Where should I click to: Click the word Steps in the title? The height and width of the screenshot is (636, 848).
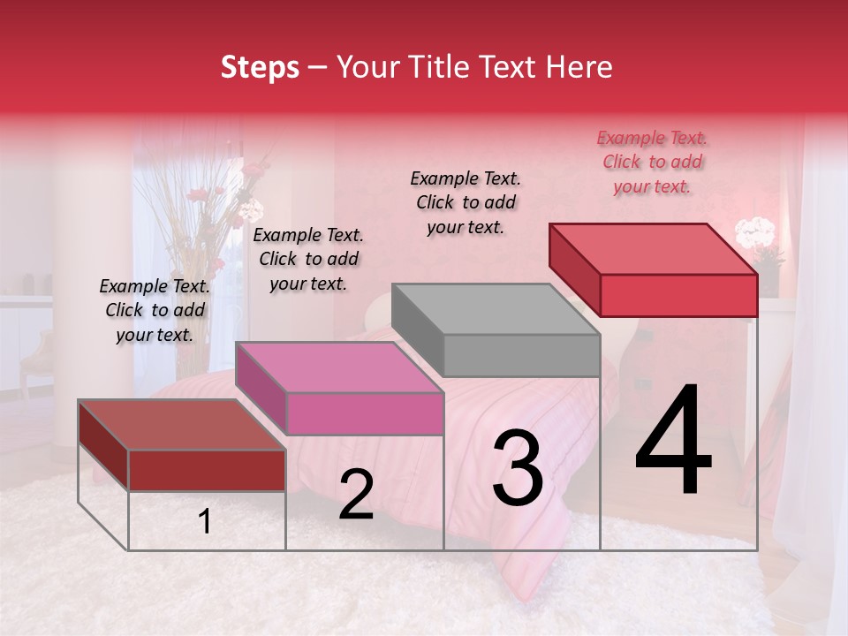tap(260, 67)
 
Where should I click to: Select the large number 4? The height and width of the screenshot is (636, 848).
tap(673, 442)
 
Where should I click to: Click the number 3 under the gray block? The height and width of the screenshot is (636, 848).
tap(518, 468)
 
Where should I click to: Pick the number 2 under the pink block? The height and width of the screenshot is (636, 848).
tap(356, 495)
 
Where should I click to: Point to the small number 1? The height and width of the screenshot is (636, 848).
tap(205, 522)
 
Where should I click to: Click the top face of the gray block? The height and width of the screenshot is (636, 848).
tap(496, 309)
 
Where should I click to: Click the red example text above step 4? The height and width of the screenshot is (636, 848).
tap(652, 162)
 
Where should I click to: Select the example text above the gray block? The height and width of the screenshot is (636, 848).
tap(466, 202)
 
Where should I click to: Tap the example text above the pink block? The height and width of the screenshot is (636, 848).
tap(308, 259)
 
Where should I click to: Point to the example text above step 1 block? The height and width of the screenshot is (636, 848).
tap(155, 310)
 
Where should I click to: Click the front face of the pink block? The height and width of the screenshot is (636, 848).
tap(365, 413)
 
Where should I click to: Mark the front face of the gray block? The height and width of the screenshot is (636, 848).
tap(521, 356)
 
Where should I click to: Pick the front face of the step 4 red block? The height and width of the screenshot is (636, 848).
tap(678, 295)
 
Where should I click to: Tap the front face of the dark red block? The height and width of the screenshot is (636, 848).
tap(207, 470)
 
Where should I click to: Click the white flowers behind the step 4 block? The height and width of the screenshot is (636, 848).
tap(754, 234)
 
